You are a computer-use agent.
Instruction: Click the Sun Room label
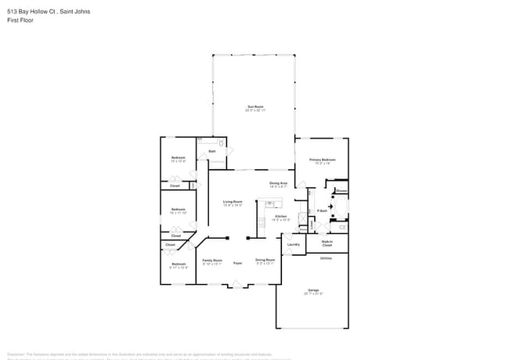point(255,106)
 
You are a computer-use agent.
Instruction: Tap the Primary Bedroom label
point(322,160)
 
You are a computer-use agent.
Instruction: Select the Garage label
point(313,290)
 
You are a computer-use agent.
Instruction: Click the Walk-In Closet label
point(327,243)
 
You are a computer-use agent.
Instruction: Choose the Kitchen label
point(280,216)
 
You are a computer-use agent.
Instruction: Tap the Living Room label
point(233,201)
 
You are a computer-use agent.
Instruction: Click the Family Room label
point(213,260)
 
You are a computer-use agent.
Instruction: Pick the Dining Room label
point(265,260)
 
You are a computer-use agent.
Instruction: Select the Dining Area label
point(278,183)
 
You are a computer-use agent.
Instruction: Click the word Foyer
point(237,263)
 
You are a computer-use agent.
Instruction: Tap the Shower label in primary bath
point(341,191)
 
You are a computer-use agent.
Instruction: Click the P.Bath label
point(322,211)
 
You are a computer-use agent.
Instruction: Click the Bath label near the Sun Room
point(211,151)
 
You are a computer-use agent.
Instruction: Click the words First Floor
point(20,20)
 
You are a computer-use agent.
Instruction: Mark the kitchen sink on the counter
point(269,204)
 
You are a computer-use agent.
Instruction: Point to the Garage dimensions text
point(313,293)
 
